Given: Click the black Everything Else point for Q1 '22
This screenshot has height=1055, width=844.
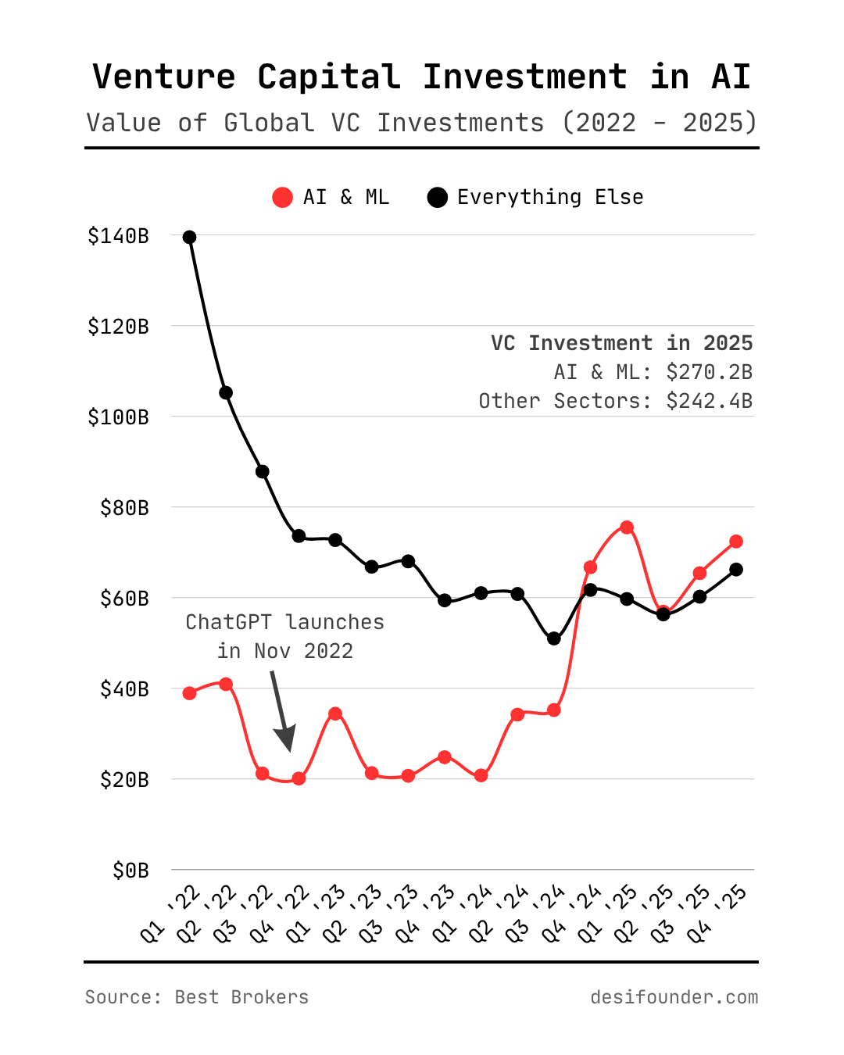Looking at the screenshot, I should pyautogui.click(x=189, y=237).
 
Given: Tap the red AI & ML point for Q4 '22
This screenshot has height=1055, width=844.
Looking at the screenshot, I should pyautogui.click(x=299, y=778).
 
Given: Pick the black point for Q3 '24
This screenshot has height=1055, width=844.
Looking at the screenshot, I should pyautogui.click(x=554, y=638).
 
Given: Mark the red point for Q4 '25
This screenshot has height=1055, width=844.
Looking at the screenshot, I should pyautogui.click(x=736, y=542).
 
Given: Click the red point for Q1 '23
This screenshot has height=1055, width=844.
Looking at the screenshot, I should pyautogui.click(x=335, y=713).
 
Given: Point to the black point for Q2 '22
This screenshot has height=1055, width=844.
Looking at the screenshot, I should pyautogui.click(x=226, y=392).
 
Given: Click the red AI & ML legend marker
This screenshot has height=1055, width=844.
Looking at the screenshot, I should pyautogui.click(x=282, y=198).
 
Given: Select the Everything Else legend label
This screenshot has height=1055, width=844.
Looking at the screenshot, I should pyautogui.click(x=550, y=197).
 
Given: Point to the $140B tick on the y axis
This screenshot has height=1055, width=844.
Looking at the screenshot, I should pyautogui.click(x=118, y=236).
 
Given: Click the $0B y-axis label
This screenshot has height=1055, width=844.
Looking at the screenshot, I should pyautogui.click(x=131, y=871).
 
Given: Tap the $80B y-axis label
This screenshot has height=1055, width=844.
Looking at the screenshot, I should pyautogui.click(x=124, y=508).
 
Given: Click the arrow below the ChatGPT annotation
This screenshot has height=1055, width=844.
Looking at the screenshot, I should pyautogui.click(x=281, y=711).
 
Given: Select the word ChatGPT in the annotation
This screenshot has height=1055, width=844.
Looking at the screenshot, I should pyautogui.click(x=228, y=622).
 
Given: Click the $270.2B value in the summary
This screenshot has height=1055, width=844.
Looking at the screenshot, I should pyautogui.click(x=709, y=372).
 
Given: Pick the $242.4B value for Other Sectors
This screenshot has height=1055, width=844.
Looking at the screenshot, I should pyautogui.click(x=709, y=401).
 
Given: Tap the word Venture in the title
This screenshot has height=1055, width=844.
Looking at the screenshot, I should pyautogui.click(x=164, y=77).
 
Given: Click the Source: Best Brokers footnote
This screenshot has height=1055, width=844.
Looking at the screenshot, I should pyautogui.click(x=197, y=997).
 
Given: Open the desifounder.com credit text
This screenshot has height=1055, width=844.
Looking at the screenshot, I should pyautogui.click(x=674, y=997).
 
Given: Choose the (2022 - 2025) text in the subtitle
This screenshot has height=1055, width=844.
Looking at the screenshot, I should pyautogui.click(x=660, y=123).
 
